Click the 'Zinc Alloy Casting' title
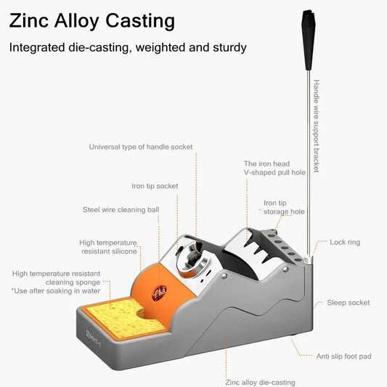point(91,21)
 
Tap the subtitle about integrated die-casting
point(128,48)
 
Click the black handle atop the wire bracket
point(308,39)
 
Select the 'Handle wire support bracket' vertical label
point(316,126)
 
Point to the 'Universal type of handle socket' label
point(141,147)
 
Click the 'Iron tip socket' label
point(155,186)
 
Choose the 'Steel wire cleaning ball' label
point(121,210)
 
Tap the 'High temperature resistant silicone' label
point(108,247)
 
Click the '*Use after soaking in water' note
point(56,290)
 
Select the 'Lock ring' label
point(345,242)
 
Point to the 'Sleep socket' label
point(349,303)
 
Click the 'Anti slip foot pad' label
point(344,357)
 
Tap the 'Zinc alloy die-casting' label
point(260,383)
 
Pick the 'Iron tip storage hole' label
point(284,208)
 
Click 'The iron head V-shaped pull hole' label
point(274,168)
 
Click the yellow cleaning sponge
point(123,319)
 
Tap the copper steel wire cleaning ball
point(160,293)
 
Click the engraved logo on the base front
point(93,338)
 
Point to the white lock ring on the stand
point(308,261)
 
